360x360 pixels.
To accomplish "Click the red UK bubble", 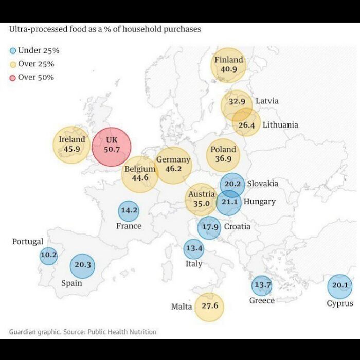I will pos(112,147).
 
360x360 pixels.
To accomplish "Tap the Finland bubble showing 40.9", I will pos(229,65).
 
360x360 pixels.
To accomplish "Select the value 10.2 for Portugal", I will pos(48,255).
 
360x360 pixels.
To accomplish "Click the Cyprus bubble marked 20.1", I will pos(340,286).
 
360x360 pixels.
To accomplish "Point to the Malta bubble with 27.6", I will pos(209,307).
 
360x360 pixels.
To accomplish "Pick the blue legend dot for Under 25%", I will pos(13,50).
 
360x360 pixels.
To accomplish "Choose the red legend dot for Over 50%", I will pos(13,78).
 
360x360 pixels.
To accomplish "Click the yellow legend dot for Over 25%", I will pos(13,64).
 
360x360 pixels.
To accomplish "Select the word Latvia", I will pos(267,101).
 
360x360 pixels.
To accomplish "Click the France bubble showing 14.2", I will pos(128,210).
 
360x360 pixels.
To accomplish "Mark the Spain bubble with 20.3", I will pos(83,265).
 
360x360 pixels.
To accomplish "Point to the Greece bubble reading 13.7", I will pos(262,285).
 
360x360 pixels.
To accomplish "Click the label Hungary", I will pos(259,202).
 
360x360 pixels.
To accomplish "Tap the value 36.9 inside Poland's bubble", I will pos(223,159).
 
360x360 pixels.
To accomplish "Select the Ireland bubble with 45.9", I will pos(71,145).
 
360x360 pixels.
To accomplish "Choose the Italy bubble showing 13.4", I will pos(194,249).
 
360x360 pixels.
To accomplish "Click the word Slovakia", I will pos(262,184).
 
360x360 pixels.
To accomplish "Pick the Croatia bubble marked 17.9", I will pos(209,227).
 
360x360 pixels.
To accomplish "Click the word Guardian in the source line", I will pos(25,332).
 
